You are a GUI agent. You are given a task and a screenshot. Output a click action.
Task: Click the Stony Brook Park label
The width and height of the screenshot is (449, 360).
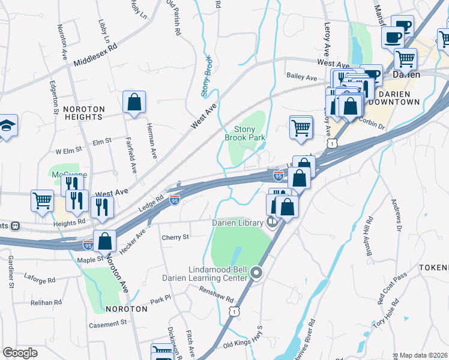pyautogui.click(x=245, y=133)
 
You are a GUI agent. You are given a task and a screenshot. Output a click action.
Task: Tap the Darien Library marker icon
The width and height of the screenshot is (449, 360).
pyautogui.click(x=273, y=223)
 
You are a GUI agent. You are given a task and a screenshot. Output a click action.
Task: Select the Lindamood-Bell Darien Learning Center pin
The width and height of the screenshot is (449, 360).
pyautogui.click(x=257, y=274)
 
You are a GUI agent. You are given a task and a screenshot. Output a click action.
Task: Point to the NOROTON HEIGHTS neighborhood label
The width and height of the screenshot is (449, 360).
pyautogui.click(x=84, y=113)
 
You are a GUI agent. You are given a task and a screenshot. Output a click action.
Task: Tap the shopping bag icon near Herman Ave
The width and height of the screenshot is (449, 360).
pyautogui.click(x=134, y=102)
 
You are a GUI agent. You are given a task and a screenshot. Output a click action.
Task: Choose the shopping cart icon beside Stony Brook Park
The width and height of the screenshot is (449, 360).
pyautogui.click(x=300, y=127)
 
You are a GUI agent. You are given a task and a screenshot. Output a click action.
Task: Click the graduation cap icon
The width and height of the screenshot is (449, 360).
pyautogui.click(x=8, y=125)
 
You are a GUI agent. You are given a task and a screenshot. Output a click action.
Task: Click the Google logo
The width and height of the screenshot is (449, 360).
pyautogui.click(x=20, y=353)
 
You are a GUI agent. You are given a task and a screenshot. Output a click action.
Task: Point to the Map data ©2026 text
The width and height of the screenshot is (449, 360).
pyautogui.click(x=424, y=355)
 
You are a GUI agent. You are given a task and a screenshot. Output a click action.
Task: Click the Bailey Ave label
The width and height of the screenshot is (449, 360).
pyautogui.click(x=302, y=78)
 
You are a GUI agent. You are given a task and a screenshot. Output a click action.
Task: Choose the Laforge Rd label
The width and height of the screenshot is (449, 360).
pyautogui.click(x=40, y=280)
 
